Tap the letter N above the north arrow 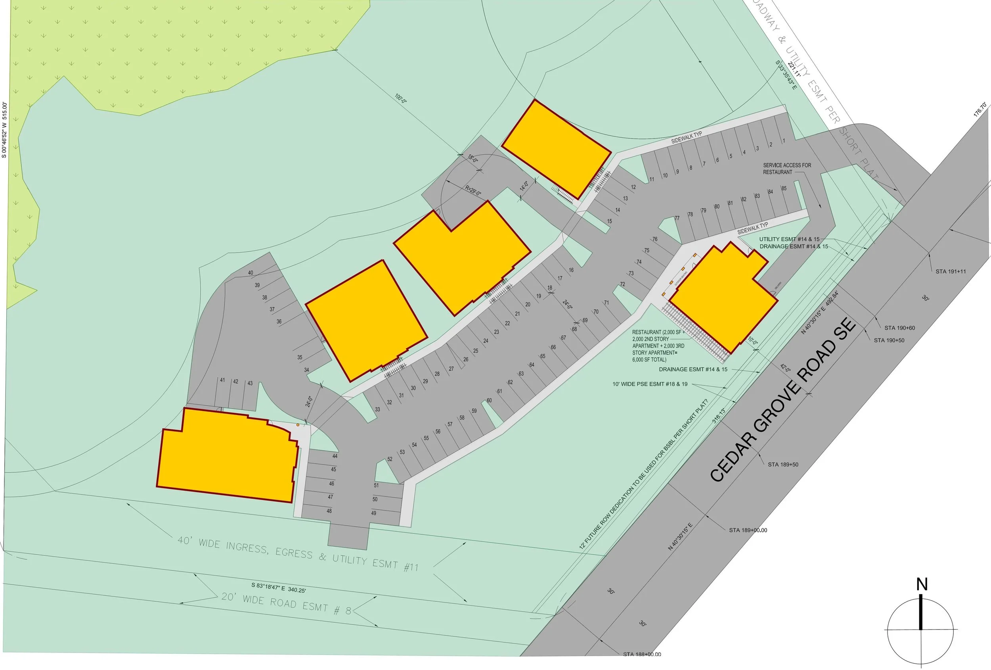coord(922,584)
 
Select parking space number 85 coord(784,188)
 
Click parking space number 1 coord(784,141)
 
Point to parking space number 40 coord(250,273)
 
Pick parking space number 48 coord(329,511)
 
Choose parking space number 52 coord(389,459)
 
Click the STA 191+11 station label coord(951,271)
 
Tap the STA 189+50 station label coord(783,464)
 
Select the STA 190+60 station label coord(900,328)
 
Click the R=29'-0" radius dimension coord(473,191)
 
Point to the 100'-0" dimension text coord(400,99)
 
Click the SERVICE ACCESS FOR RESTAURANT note coord(787,169)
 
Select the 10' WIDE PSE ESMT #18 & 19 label coord(650,384)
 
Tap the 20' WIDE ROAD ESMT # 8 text coord(286,603)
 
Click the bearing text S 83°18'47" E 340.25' coord(278,587)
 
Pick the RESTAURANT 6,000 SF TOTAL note coord(658,346)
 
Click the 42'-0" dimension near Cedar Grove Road coord(785,368)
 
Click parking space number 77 coord(677,218)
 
